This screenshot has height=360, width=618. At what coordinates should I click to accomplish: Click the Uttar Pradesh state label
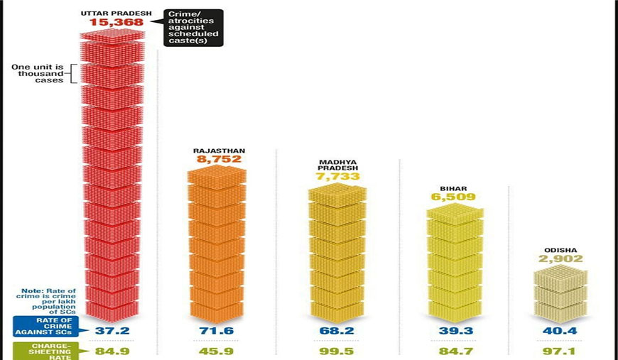117,13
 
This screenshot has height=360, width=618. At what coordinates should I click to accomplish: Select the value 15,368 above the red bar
116,23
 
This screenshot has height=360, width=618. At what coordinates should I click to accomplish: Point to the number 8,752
218,160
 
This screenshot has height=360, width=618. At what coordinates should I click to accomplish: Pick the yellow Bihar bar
454,259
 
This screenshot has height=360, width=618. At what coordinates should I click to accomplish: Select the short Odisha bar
560,295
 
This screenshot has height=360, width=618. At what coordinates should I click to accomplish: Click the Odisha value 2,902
560,259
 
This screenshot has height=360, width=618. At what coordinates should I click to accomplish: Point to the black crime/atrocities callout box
193,28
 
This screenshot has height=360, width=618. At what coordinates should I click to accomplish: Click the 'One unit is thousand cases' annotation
38,74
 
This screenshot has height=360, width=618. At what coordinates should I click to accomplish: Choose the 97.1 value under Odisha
560,351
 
